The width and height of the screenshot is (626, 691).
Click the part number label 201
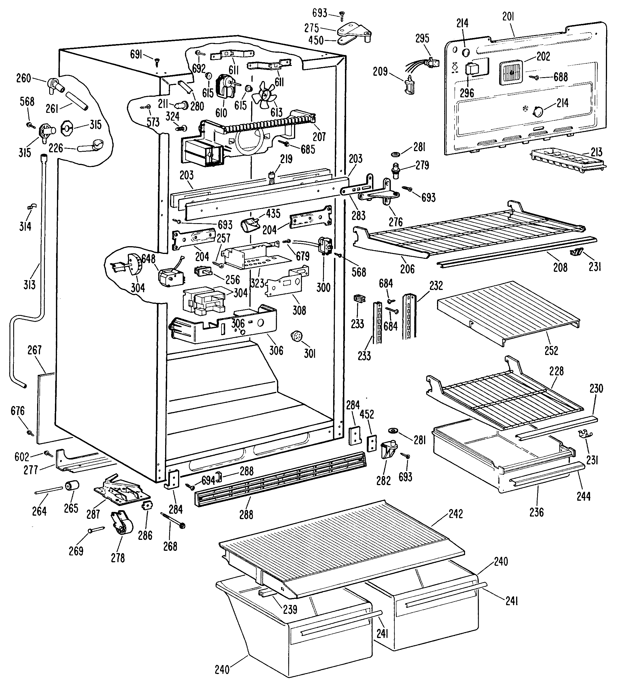508,16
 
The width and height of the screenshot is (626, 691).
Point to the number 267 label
35,350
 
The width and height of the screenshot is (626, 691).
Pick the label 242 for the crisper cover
456,514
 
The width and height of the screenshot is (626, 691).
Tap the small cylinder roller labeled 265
72,486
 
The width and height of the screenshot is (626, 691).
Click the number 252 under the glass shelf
551,350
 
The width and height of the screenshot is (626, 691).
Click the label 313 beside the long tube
29,284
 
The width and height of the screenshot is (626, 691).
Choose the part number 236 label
536,512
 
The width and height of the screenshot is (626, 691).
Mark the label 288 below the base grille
246,515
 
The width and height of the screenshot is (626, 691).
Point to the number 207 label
319,137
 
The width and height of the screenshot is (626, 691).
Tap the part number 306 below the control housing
276,350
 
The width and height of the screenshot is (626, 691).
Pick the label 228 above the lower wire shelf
556,371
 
